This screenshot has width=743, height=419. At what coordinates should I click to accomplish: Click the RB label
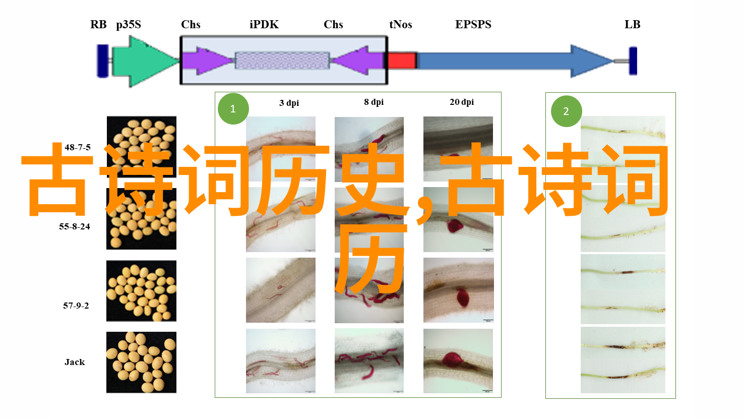(98, 25)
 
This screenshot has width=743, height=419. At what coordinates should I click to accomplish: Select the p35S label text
(129, 25)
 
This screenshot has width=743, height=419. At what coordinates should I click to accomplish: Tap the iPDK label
(264, 25)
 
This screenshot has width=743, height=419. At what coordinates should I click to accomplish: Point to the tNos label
(401, 25)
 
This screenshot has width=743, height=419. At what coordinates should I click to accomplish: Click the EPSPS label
(473, 25)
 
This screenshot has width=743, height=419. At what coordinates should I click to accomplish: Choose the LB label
(632, 25)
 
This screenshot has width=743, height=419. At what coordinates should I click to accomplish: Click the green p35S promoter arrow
(145, 62)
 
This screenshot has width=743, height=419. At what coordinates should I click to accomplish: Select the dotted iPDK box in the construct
(282, 61)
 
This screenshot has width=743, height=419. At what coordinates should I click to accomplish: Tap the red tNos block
(402, 61)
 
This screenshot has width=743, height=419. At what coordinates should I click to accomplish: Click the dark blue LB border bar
(633, 61)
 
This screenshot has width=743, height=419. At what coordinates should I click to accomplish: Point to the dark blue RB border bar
(103, 61)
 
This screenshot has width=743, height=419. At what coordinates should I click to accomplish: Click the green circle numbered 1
(233, 109)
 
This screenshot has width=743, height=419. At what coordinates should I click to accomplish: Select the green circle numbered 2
(566, 111)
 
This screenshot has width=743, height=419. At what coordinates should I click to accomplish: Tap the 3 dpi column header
(289, 103)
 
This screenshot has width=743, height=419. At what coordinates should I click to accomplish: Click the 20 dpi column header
(462, 102)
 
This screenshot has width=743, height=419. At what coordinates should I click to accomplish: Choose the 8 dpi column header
(374, 102)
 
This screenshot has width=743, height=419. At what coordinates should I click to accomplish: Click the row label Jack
(75, 362)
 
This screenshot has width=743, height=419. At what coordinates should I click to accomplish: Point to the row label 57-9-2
(76, 306)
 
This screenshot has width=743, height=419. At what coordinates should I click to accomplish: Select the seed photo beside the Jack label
(141, 362)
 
